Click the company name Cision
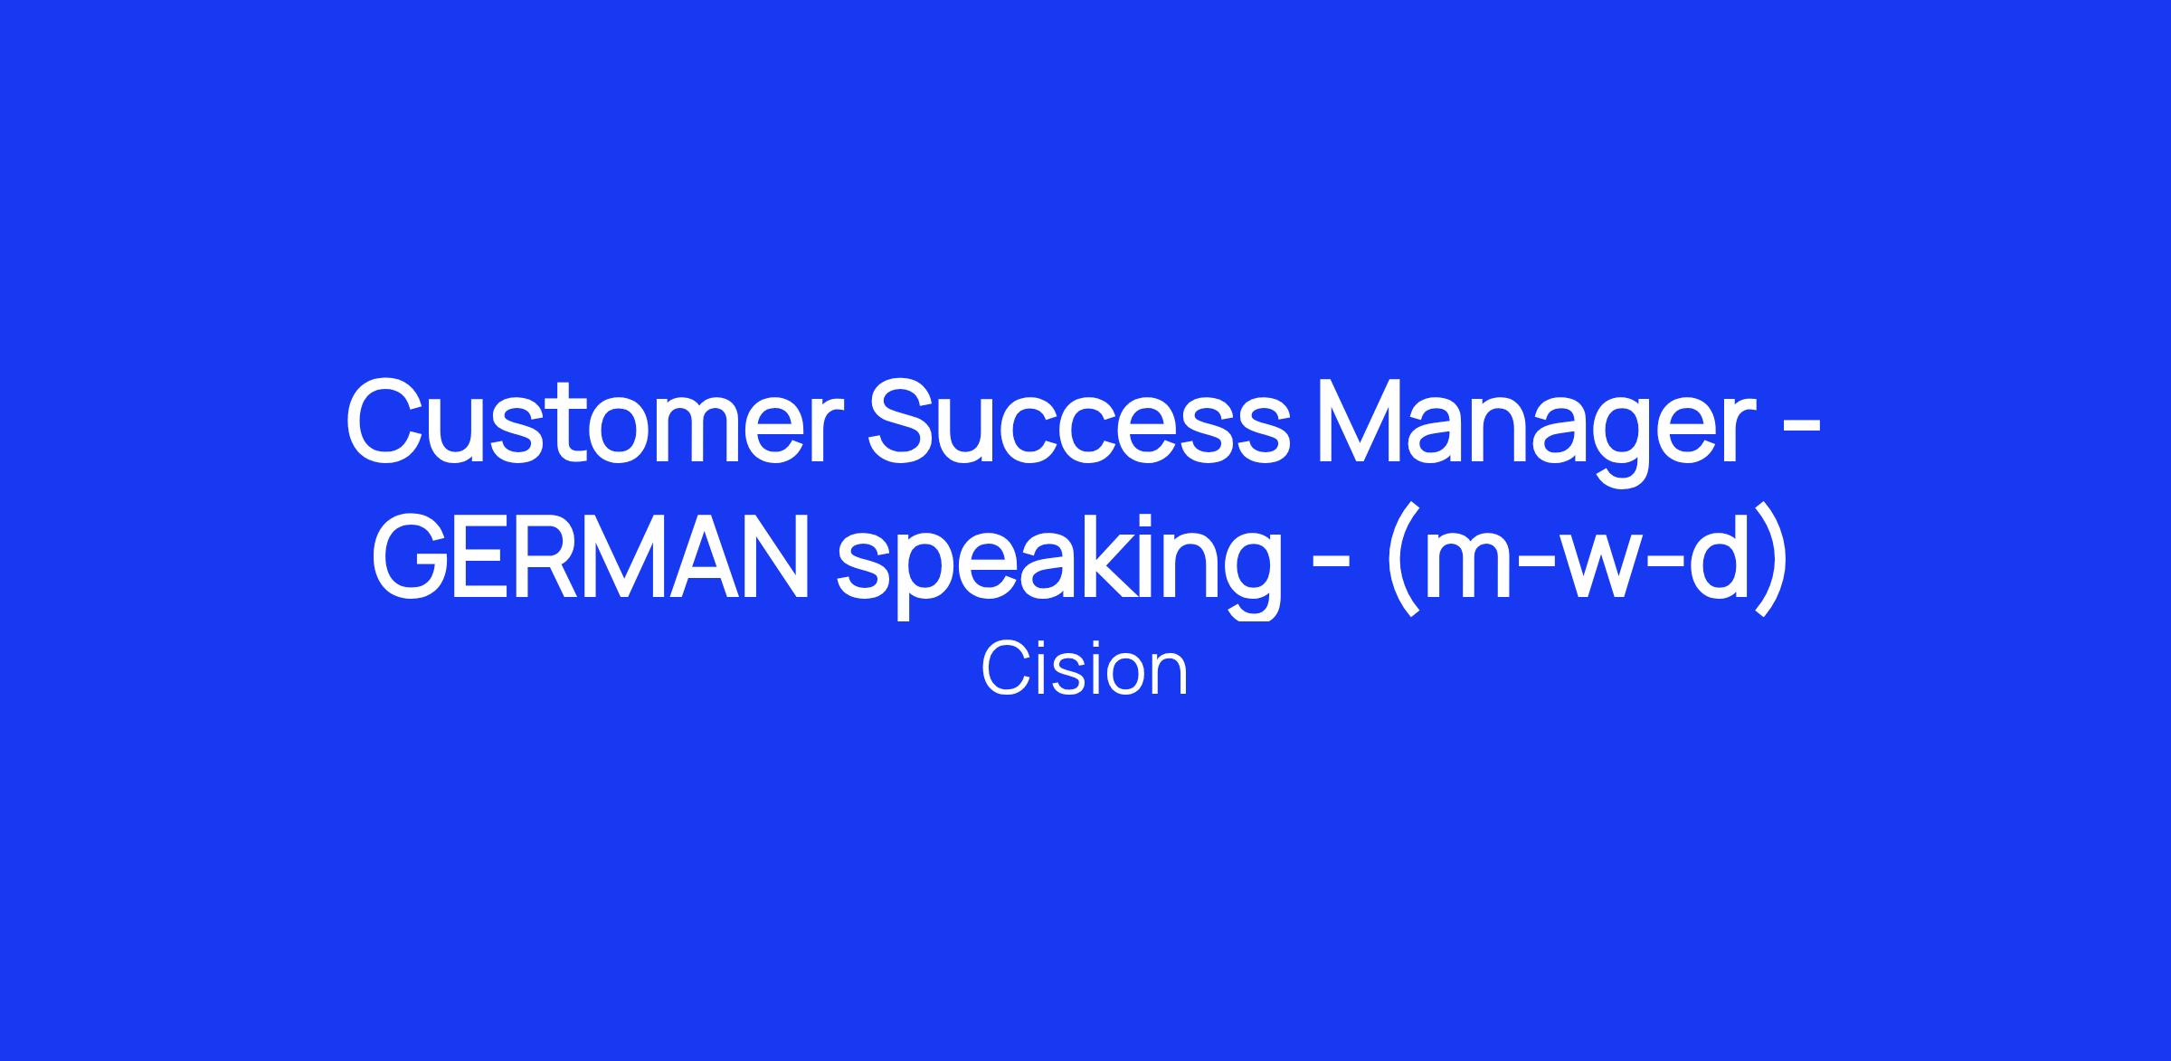1084,670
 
